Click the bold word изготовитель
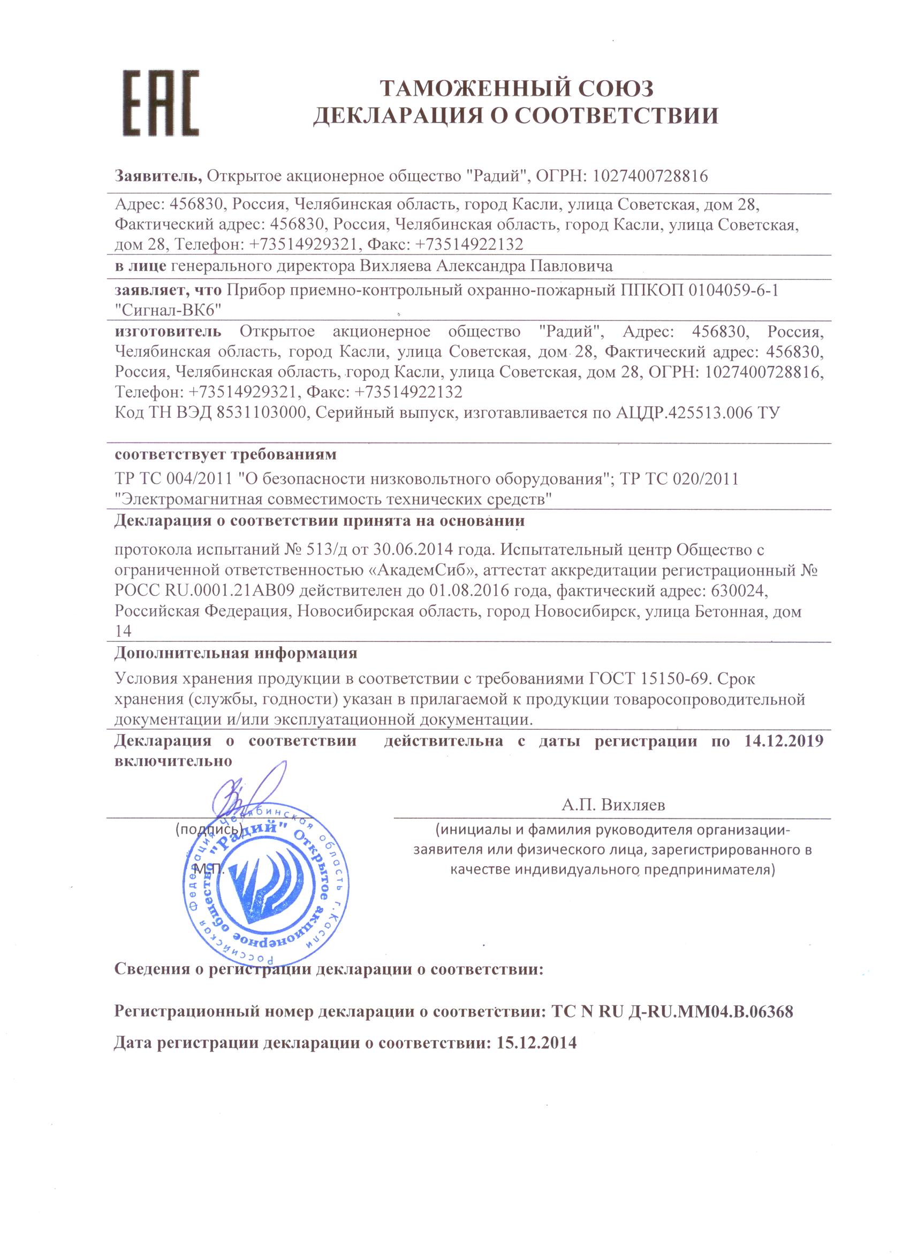(x=168, y=332)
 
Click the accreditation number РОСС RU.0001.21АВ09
(x=203, y=591)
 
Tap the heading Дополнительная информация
(x=236, y=653)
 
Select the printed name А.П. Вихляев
(x=613, y=805)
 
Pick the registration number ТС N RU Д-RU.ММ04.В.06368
(x=673, y=1012)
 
